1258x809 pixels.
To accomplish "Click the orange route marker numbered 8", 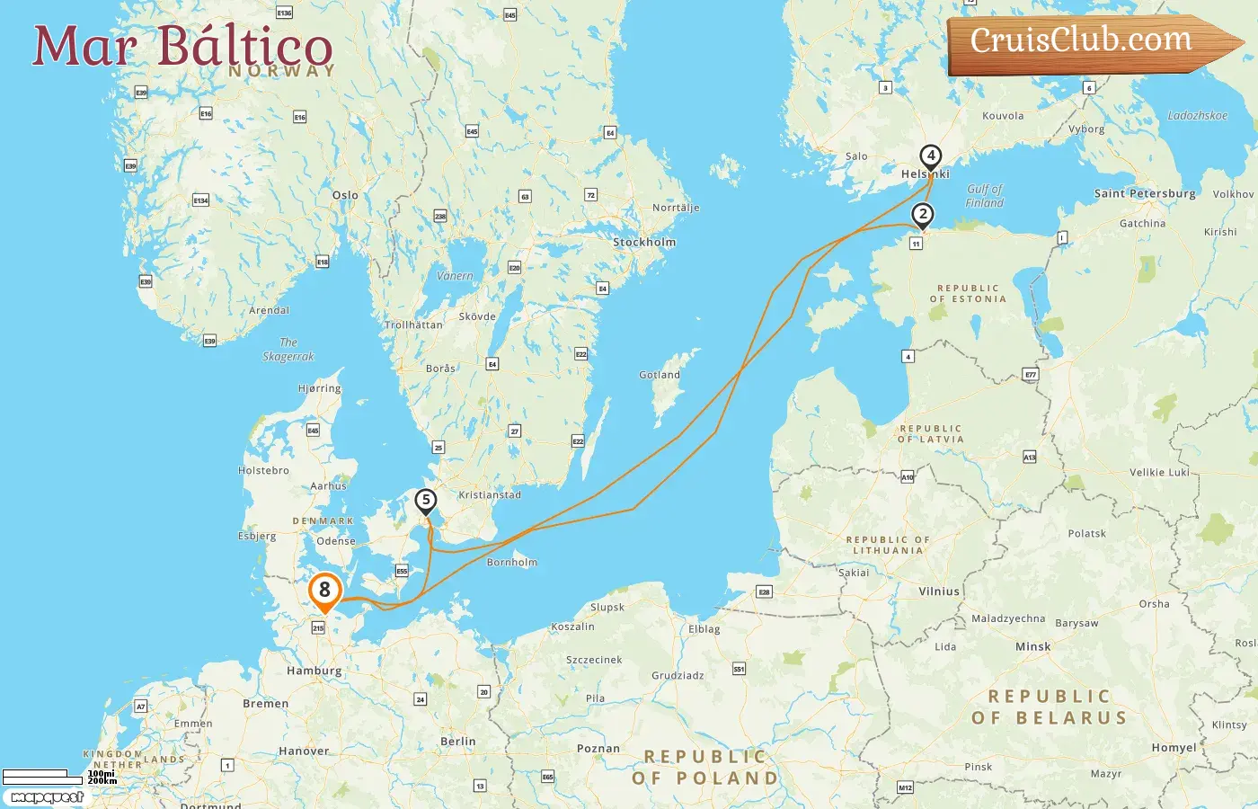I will click(324, 591).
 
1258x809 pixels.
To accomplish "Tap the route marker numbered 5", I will click(426, 501).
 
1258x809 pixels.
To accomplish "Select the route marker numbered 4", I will click(931, 156).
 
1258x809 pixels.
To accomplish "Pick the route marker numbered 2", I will click(922, 215).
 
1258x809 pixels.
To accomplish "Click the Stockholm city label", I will click(644, 243).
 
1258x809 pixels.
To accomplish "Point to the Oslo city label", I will click(345, 195).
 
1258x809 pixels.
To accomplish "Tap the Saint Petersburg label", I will click(1145, 193).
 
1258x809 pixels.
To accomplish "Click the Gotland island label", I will click(660, 375).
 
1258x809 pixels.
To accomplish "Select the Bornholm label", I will click(512, 563).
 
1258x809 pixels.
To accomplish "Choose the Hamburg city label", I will click(314, 671).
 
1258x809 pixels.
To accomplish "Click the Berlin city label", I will click(458, 742).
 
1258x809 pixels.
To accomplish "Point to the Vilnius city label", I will click(939, 591).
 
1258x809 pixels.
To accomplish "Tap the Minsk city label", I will click(1033, 647).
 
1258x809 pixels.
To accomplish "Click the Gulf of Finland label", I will click(985, 196).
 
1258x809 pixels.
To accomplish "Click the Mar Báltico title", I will click(183, 47).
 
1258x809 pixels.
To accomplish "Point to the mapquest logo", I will click(47, 797).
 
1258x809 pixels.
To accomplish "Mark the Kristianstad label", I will click(490, 495).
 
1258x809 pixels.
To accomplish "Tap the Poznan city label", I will click(598, 749).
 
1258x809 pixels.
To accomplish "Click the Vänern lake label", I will click(455, 277).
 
